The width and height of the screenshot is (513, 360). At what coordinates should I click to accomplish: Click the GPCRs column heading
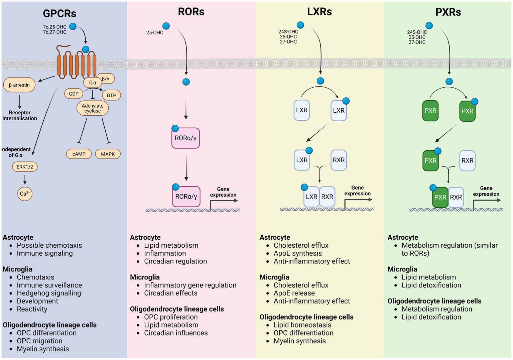pos(59,13)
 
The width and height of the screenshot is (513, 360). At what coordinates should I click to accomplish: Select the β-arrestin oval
pos(19,85)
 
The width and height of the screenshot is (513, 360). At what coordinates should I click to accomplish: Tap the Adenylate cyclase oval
pos(93,108)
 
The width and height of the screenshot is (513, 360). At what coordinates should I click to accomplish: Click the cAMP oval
pos(79,154)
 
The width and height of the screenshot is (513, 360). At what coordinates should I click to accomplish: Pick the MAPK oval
pos(108,154)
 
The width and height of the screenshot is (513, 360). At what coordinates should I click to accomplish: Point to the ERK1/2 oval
pos(25,167)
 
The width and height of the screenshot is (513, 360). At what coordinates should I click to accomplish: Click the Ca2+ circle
pos(25,194)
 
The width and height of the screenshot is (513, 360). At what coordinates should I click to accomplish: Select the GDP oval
pos(74,94)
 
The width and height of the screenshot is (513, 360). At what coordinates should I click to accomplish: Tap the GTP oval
pos(111,95)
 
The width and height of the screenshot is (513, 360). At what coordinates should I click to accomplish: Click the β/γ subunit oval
pos(106,79)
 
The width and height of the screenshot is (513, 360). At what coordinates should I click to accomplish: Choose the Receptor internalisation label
pos(20,116)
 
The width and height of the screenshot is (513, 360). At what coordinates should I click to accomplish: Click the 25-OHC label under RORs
pos(155,32)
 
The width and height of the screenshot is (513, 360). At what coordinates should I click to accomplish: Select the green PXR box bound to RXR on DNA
pos(440,197)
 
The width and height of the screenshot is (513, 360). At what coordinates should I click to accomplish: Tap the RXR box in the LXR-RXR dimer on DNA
pos(327,197)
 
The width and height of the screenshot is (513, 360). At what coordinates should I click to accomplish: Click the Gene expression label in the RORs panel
pos(223,192)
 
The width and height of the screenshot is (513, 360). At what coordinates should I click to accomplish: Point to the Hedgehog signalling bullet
pos(49,293)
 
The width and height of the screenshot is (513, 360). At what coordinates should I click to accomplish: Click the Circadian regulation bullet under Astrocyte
pos(175,261)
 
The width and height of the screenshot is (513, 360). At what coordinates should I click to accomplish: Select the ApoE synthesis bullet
pos(297,253)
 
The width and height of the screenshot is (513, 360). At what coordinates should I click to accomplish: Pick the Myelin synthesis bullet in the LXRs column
pos(299,341)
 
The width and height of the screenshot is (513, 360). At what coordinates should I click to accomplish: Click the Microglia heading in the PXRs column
pos(402,269)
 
